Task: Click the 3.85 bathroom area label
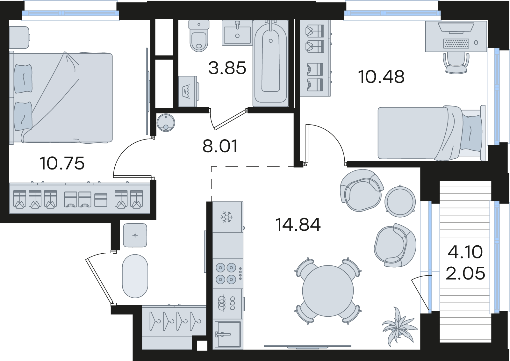pos(227,68)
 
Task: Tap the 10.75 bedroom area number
pos(62,163)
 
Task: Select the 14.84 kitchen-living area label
pos(298,225)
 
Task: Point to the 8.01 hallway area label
pos(220,146)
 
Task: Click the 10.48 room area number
pos(381,76)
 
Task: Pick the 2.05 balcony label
pos(465,273)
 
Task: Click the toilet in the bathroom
pos(199,36)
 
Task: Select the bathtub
pos(270,63)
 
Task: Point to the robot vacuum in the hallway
pos(166,123)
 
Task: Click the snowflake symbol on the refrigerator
pos(226,217)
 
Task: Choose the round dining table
pos(328,291)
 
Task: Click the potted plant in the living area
pos(399,326)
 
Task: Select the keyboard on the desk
pos(456,43)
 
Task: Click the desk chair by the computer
pos(456,63)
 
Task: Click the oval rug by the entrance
pos(135,276)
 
